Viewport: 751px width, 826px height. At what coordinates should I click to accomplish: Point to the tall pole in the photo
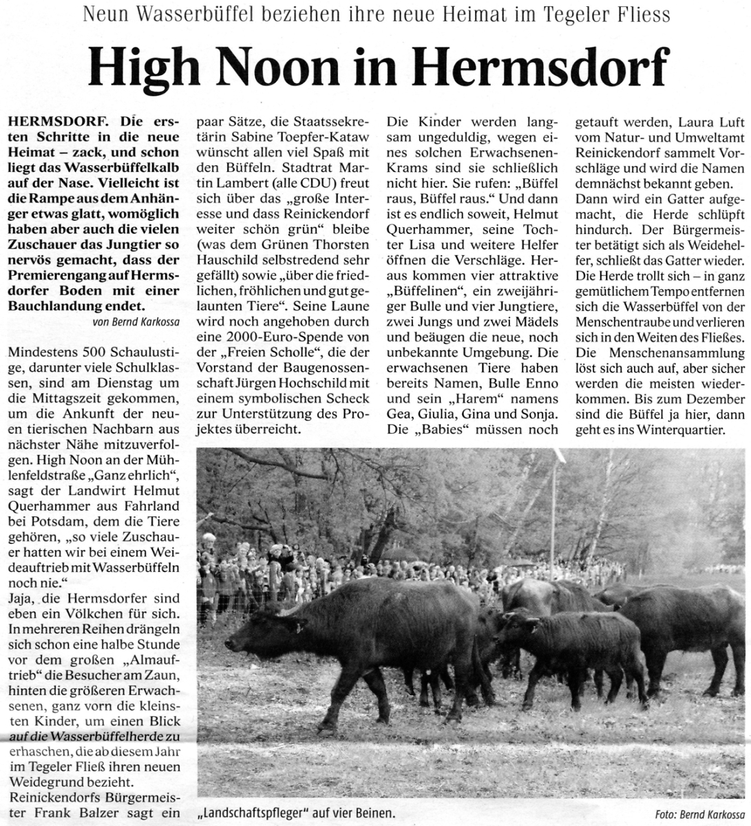coord(553,509)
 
